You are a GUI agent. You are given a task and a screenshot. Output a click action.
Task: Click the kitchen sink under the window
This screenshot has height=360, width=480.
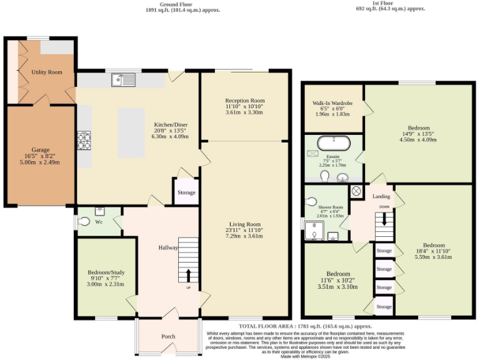point(124,79)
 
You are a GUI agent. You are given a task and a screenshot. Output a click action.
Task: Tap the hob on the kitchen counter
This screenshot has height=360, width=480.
point(84,141)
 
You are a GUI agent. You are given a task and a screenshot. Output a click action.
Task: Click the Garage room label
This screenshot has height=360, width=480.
point(41,150)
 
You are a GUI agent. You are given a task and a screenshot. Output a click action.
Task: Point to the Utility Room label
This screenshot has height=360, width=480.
point(47,72)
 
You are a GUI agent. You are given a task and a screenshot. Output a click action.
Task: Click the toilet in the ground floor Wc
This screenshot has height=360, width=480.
point(84,221)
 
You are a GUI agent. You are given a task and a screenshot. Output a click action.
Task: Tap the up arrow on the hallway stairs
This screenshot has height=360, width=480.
point(188,276)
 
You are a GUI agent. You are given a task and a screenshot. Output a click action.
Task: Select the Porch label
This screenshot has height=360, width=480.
point(168,336)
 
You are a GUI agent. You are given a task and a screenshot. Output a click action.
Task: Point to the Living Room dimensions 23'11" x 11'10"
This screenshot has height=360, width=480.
point(244,231)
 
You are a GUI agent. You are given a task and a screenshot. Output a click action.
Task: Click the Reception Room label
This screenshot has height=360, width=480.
point(245,100)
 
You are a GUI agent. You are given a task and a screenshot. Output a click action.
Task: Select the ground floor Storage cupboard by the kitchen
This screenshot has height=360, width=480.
point(186,192)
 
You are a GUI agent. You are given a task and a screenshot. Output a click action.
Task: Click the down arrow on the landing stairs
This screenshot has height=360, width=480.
point(384,219)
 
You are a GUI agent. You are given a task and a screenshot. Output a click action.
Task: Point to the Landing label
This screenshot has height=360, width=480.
point(381,196)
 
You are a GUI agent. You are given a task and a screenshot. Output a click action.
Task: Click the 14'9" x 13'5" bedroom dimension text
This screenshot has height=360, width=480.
point(417,133)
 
